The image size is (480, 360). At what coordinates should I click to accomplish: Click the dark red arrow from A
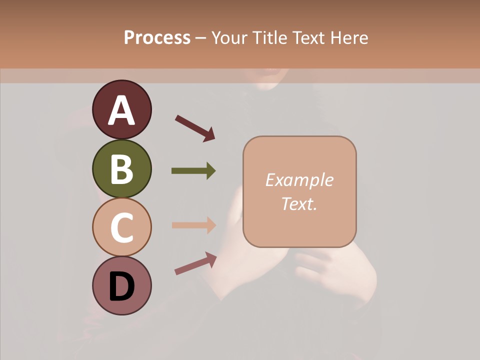click(194, 128)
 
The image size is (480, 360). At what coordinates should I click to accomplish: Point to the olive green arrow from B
click(193, 171)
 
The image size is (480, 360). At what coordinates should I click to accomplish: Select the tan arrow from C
click(193, 225)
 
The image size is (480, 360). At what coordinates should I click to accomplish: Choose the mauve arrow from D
click(195, 263)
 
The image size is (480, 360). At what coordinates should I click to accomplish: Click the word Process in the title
click(157, 38)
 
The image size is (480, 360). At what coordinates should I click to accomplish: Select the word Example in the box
click(299, 180)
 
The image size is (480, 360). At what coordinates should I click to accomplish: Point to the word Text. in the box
click(299, 203)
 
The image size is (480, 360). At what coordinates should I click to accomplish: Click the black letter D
click(122, 287)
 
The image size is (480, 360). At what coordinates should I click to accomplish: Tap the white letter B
click(122, 169)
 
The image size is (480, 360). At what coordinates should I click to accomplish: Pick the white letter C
click(122, 227)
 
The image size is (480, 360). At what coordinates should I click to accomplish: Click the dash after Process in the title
click(200, 38)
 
